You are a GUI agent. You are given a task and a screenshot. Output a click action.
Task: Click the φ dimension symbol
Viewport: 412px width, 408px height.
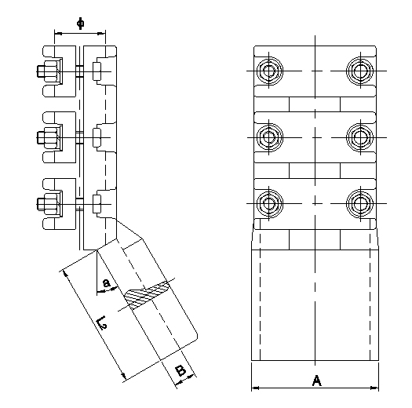[81, 24]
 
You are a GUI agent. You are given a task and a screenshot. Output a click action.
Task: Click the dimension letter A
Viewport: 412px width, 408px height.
[317, 381]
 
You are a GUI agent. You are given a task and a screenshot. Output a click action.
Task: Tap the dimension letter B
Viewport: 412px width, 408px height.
[180, 371]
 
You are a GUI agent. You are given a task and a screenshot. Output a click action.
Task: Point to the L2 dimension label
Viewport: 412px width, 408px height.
[102, 322]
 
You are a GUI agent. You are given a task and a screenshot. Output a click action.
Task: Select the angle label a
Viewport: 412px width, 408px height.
[106, 283]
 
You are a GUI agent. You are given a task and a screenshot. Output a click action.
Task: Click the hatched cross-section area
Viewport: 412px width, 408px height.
[146, 293]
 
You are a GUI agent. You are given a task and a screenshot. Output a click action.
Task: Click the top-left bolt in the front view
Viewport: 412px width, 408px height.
[269, 71]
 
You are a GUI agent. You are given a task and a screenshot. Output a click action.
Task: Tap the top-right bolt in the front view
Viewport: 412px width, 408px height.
[360, 71]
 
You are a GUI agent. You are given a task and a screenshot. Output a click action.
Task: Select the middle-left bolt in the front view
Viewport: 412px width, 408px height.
[269, 137]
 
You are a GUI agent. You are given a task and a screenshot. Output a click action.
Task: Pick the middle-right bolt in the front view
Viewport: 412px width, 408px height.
[360, 137]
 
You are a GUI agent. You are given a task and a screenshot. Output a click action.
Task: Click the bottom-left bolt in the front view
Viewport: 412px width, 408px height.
[269, 203]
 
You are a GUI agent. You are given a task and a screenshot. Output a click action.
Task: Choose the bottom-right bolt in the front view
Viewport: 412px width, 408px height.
[360, 203]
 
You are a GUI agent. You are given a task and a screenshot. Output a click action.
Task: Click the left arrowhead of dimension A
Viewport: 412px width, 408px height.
[255, 388]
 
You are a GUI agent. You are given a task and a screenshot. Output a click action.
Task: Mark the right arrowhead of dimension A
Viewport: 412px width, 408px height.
[374, 388]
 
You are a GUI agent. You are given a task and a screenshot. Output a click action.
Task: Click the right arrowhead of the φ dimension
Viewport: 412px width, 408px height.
[101, 34]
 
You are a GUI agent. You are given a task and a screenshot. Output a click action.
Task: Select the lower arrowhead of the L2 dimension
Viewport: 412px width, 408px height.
[123, 376]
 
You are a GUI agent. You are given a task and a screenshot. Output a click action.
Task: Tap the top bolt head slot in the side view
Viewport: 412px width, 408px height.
[97, 71]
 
